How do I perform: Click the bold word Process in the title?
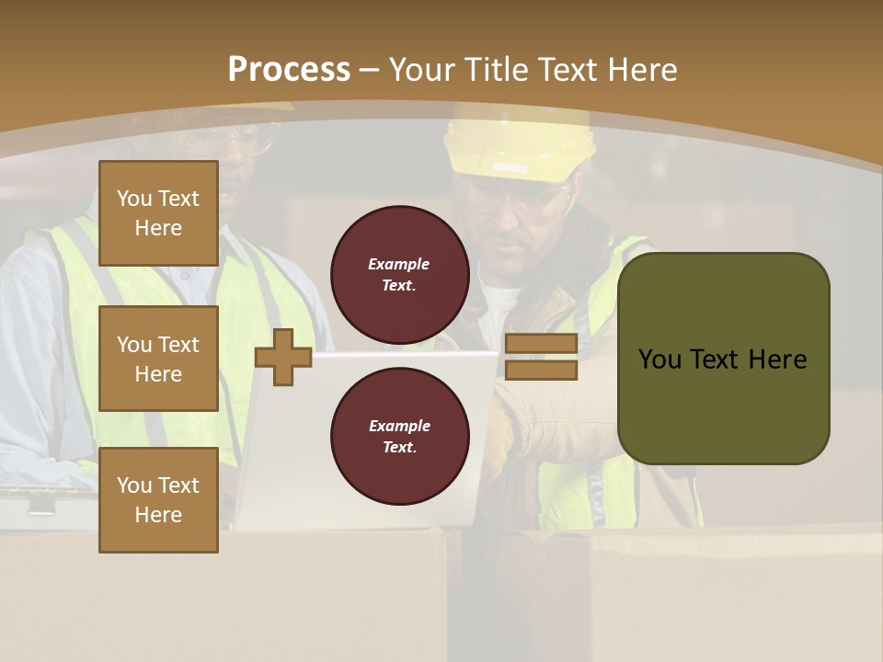coord(289,69)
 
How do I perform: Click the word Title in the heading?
coord(497,70)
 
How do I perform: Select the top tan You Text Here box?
coord(158,213)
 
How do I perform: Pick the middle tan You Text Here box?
coord(158,359)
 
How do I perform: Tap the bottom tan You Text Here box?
coord(158,500)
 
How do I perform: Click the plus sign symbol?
coord(283,358)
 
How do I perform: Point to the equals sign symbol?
coord(541,357)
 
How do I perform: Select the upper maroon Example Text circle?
coord(399,275)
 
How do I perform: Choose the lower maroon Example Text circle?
coord(399,437)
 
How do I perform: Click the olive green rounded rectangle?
coord(723,359)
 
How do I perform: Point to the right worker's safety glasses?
coord(520,199)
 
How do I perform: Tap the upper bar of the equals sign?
coord(541,344)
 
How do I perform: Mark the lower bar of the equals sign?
coord(541,370)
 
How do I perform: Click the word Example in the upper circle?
coord(399,264)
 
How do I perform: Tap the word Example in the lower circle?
coord(399,426)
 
